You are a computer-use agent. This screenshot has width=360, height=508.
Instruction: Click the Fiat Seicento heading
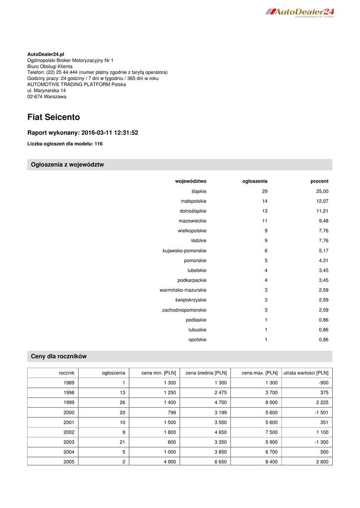[x=54, y=118]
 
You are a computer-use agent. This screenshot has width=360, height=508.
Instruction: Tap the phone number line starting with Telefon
[x=97, y=72]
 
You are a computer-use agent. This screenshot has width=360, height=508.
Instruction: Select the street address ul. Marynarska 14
[x=47, y=90]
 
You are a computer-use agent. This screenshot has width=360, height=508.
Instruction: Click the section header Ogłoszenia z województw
[x=68, y=165]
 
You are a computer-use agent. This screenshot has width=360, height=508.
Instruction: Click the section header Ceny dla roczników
[x=59, y=356]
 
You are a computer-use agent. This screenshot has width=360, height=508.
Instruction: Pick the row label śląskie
[x=199, y=191]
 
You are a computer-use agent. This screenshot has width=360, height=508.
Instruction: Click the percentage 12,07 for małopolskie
[x=322, y=201]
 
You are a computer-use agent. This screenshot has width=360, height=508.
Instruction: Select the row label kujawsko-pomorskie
[x=184, y=251]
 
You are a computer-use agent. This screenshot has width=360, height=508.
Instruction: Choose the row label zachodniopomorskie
[x=184, y=310]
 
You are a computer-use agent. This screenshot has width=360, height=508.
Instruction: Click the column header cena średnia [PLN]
[x=206, y=373]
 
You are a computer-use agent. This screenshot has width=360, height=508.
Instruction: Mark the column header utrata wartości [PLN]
[x=305, y=373]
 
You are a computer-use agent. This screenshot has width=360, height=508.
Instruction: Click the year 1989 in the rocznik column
[x=69, y=383]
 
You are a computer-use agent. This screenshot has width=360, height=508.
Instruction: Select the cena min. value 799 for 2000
[x=170, y=412]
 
